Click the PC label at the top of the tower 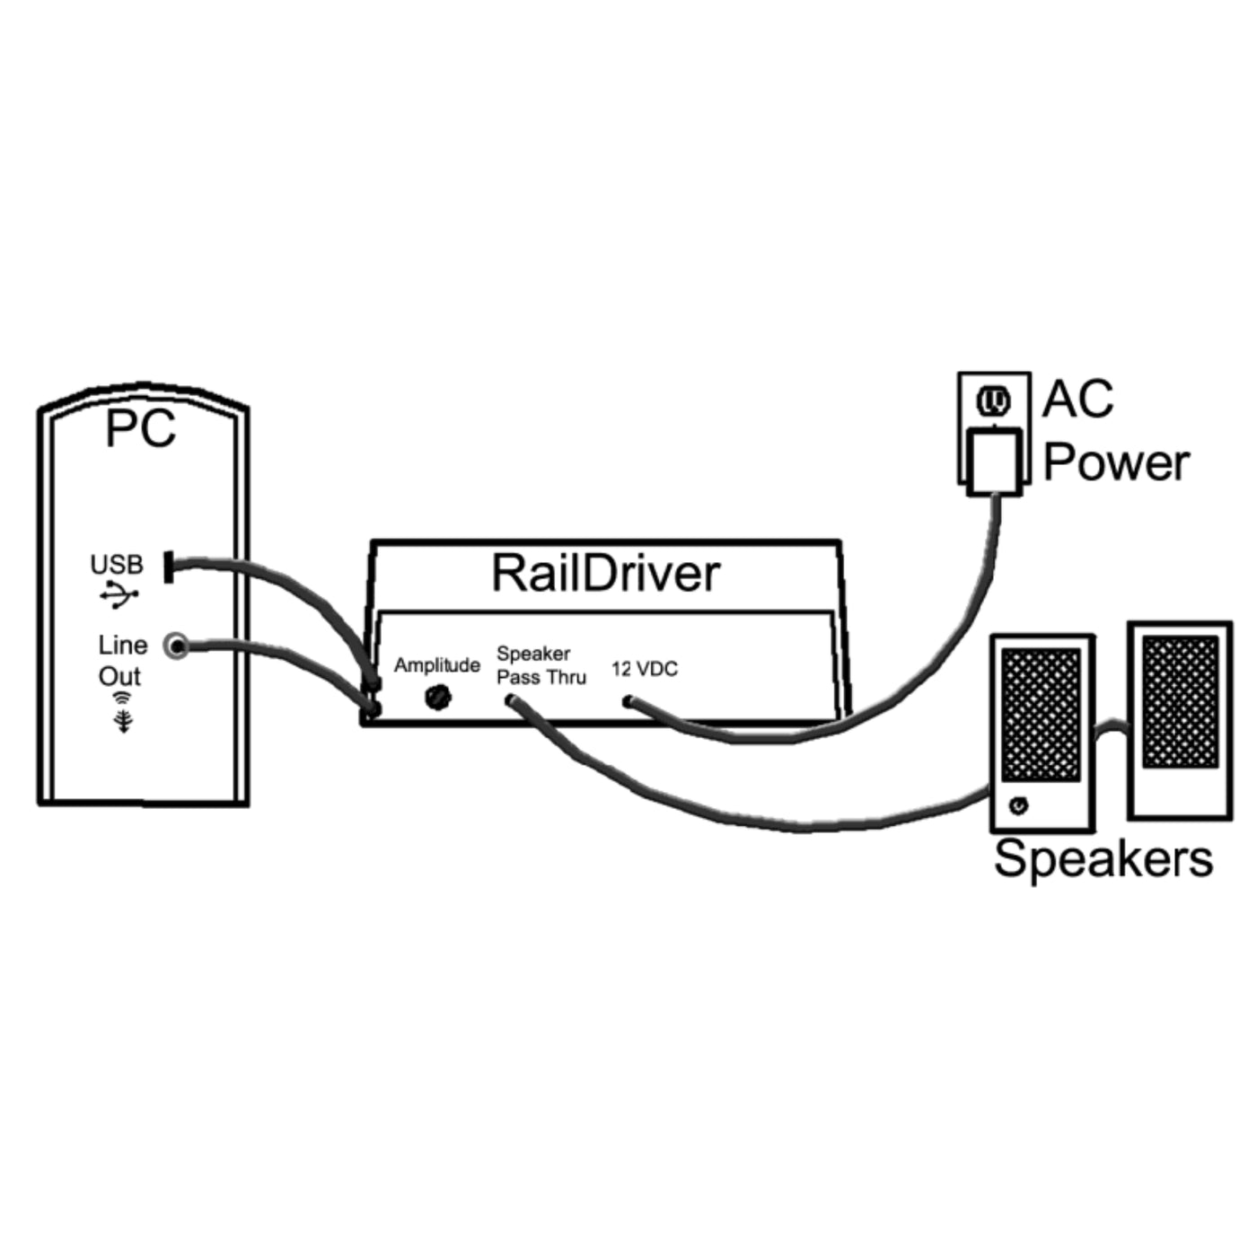[140, 428]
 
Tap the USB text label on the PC [117, 565]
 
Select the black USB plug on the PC [168, 567]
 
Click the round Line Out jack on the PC [177, 646]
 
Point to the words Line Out [122, 660]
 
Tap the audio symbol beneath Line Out [123, 711]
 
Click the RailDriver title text [605, 574]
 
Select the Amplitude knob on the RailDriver [438, 696]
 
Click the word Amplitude [437, 665]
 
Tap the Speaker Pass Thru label [541, 665]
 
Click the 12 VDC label [645, 669]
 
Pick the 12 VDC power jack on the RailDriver [629, 701]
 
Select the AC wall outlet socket [993, 401]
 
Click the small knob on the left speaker [1017, 805]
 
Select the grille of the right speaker [1180, 701]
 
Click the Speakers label [1103, 858]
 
